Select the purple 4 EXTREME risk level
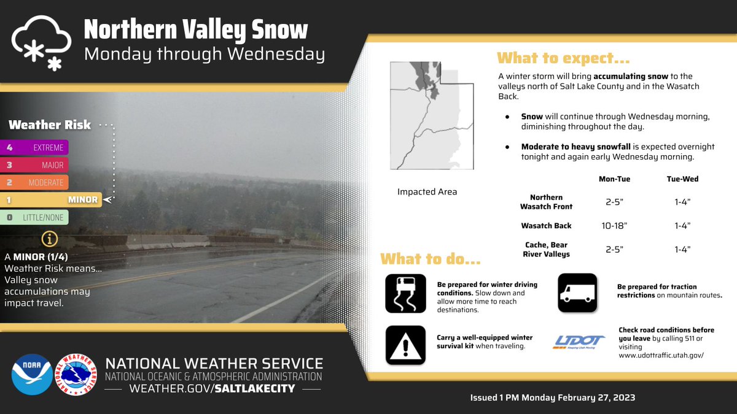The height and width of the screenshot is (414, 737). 34,147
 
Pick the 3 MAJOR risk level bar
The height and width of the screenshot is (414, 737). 34,165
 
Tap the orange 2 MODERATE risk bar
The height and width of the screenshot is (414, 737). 34,182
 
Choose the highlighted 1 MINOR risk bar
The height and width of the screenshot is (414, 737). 50,199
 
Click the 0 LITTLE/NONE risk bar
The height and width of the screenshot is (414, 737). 34,217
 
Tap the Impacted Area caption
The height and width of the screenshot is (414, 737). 427,192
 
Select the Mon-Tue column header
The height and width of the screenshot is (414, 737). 614,179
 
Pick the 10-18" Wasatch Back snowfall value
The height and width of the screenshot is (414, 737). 614,226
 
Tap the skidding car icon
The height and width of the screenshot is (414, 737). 405,293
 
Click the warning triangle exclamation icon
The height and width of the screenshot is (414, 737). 405,345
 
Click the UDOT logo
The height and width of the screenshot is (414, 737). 579,342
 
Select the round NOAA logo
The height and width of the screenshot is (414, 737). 31,374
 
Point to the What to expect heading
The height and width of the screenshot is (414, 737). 563,59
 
